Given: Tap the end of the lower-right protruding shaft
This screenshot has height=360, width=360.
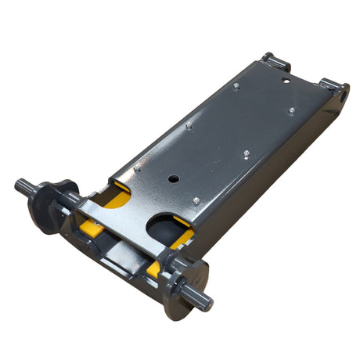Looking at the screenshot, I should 205,304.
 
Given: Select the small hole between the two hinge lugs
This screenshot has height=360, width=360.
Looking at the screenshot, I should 287,78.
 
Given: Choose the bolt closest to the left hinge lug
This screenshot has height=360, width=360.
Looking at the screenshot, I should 236,86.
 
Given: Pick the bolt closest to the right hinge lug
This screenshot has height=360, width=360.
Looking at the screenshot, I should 291,111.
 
